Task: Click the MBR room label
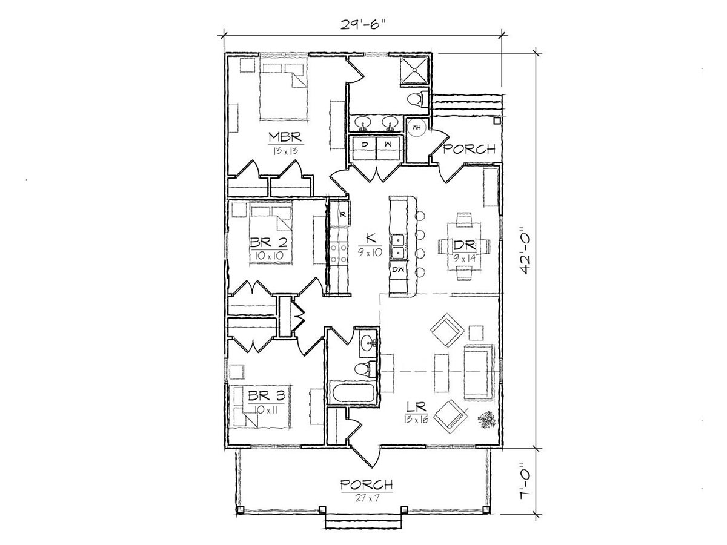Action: pyautogui.click(x=285, y=137)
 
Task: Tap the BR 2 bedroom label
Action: pyautogui.click(x=268, y=243)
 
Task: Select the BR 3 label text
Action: pyautogui.click(x=267, y=396)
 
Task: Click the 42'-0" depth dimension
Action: pyautogui.click(x=526, y=251)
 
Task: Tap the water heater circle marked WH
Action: pyautogui.click(x=416, y=127)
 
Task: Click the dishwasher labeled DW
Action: pyautogui.click(x=399, y=269)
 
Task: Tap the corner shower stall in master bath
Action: pyautogui.click(x=414, y=71)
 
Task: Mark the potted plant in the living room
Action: pyautogui.click(x=487, y=420)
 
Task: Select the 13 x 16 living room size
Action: pyautogui.click(x=416, y=420)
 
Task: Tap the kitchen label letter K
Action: pyautogui.click(x=370, y=238)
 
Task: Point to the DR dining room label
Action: pyautogui.click(x=464, y=245)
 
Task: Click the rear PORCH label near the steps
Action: pyautogui.click(x=469, y=149)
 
